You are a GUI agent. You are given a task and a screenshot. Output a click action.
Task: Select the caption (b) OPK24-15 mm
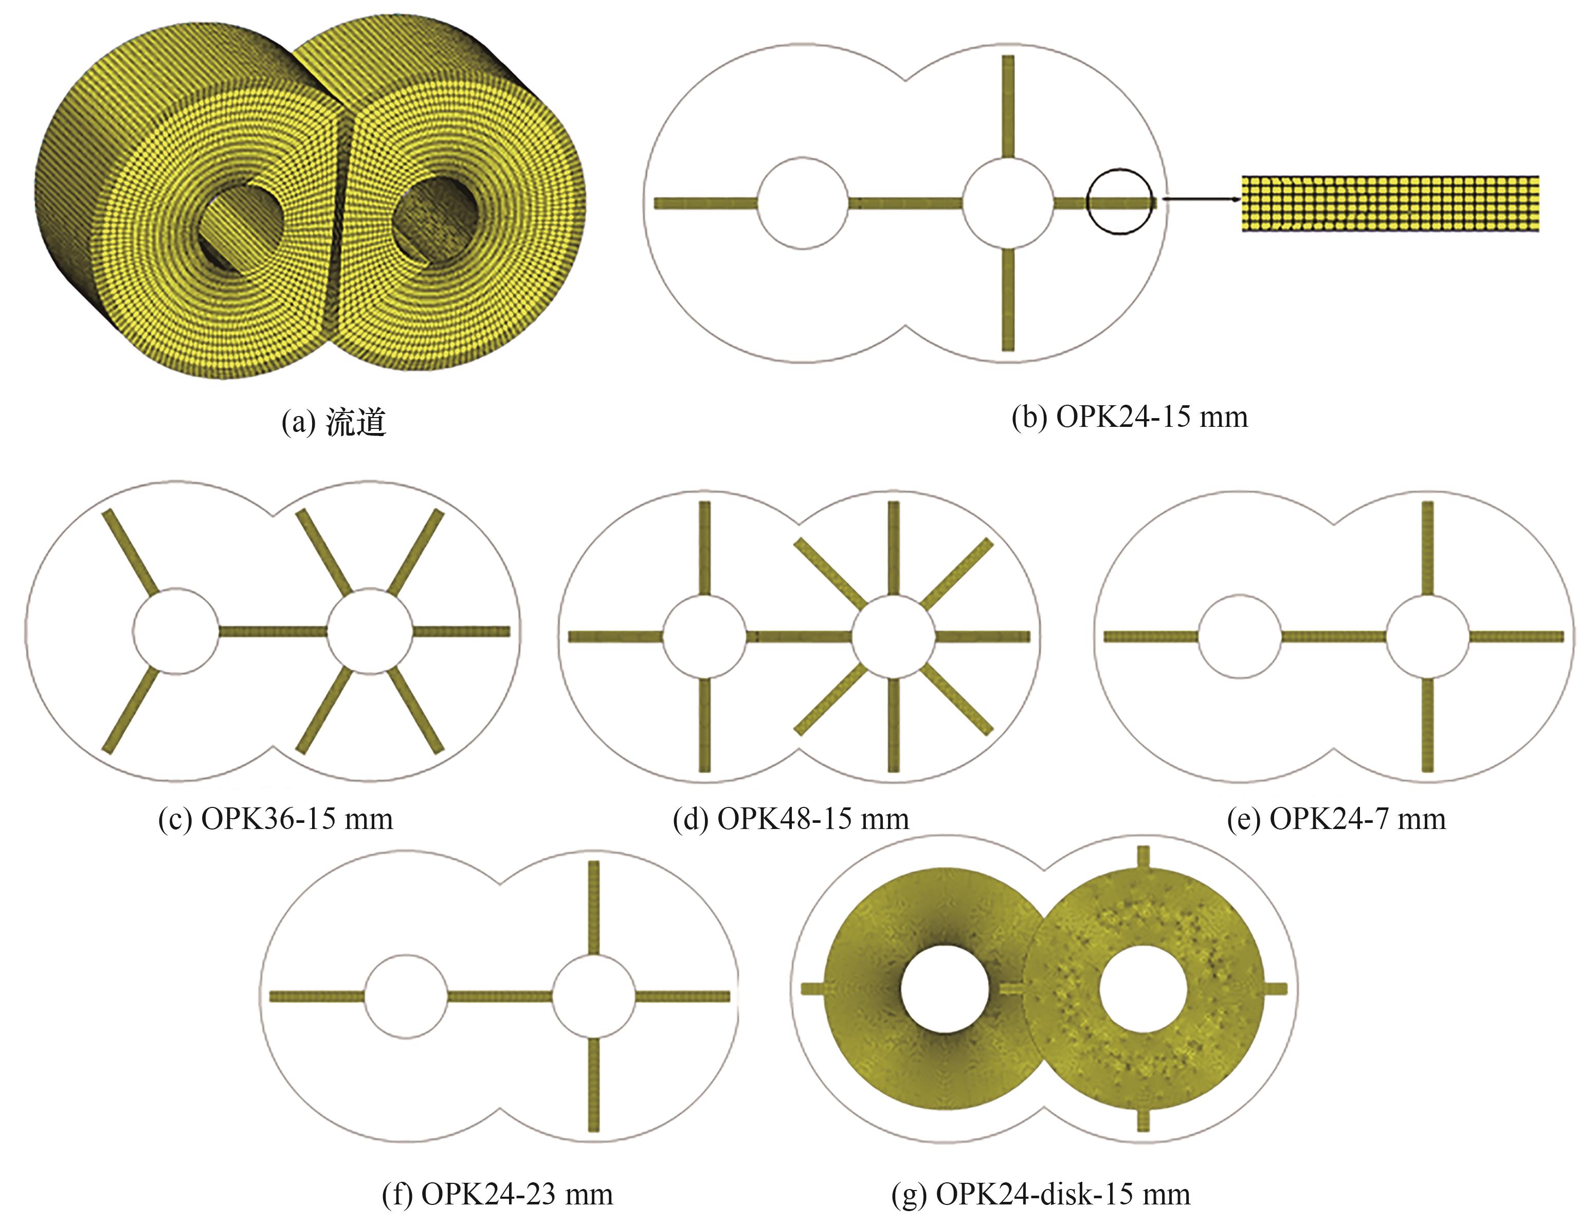[1129, 417]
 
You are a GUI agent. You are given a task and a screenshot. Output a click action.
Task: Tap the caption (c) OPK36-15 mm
[276, 819]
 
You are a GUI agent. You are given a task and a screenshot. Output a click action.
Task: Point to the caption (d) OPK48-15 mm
[791, 819]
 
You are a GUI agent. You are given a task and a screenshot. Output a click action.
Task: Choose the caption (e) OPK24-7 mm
[1337, 819]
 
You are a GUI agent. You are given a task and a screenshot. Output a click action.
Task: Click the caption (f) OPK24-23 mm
[497, 1194]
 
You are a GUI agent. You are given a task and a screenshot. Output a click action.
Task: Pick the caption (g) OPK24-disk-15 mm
[1041, 1194]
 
